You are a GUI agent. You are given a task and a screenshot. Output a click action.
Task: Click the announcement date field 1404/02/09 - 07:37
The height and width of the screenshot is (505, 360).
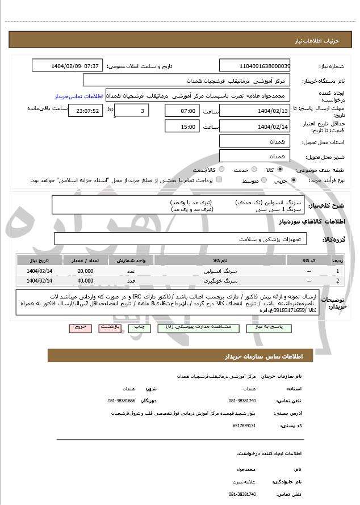(66, 66)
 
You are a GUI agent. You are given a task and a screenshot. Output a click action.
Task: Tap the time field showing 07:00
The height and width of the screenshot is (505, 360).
(182, 111)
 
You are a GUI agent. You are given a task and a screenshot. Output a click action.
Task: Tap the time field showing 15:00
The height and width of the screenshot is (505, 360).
(182, 126)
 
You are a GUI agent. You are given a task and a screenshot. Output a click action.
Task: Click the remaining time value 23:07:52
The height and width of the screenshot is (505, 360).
(85, 111)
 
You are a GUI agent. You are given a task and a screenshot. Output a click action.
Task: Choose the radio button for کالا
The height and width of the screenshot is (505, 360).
(262, 170)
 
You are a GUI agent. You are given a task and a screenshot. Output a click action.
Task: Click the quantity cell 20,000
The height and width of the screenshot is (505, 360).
(86, 271)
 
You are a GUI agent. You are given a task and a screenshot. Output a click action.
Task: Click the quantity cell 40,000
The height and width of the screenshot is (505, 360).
(86, 280)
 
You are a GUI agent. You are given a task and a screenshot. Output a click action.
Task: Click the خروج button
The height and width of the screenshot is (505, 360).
(79, 328)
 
